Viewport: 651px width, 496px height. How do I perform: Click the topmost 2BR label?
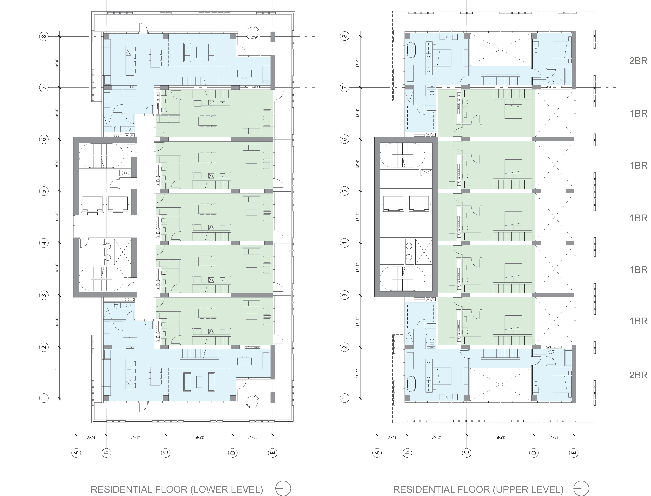coord(638,61)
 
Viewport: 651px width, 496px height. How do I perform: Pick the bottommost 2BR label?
coord(638,375)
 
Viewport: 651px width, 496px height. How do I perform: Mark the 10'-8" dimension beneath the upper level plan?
coord(391,437)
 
